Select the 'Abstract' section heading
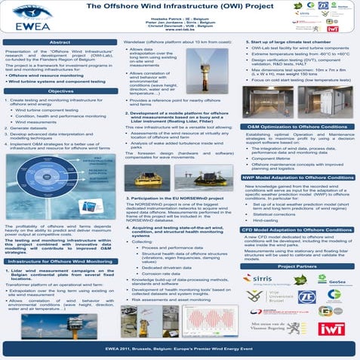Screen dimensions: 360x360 coord(61,43)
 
